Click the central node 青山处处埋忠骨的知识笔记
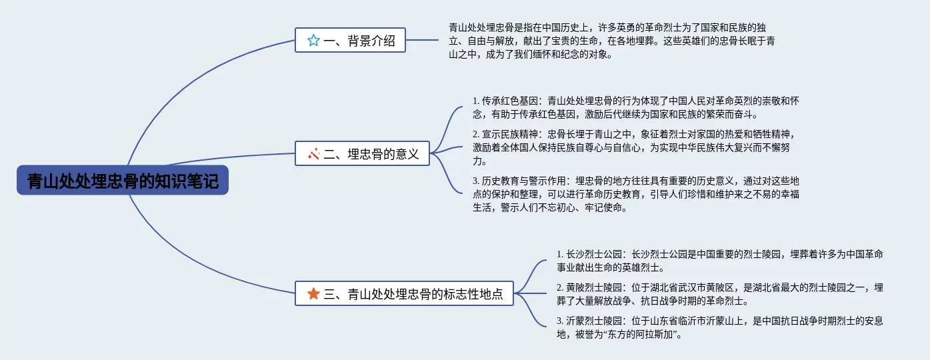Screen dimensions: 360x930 (x=123, y=180)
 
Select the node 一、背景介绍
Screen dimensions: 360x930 (x=350, y=40)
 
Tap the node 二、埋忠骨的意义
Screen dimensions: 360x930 (x=363, y=154)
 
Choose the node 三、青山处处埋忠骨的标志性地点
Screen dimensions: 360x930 (x=404, y=293)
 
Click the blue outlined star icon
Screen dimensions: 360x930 (x=313, y=41)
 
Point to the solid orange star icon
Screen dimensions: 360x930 (x=313, y=293)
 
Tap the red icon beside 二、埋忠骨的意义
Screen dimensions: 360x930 (x=314, y=154)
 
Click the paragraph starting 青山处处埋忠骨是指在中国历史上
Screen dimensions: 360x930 (x=611, y=41)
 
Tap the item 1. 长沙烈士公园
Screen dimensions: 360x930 (x=720, y=261)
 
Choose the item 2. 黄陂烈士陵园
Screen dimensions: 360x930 (x=720, y=294)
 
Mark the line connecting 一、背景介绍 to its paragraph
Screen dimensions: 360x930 (x=423, y=40)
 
